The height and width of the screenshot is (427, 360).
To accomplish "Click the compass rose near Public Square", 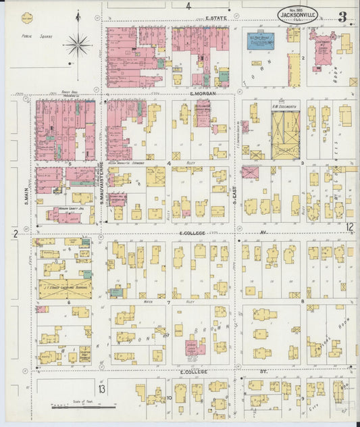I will point(78,45).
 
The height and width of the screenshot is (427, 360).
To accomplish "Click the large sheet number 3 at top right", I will point(342,16).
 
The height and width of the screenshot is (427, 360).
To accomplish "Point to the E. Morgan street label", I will point(203,94).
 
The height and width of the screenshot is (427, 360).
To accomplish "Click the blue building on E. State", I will point(260,41).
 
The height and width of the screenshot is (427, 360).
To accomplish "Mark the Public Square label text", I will point(32,36).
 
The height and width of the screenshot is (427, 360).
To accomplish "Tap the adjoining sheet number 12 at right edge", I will point(349,227).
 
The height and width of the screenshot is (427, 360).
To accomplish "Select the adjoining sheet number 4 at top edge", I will point(189,6).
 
